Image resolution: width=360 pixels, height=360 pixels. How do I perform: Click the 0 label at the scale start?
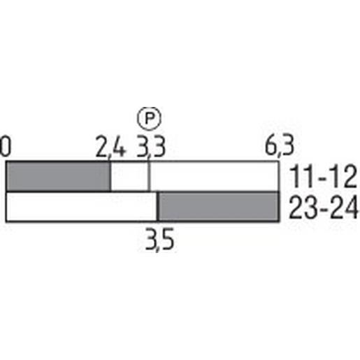point(6,147)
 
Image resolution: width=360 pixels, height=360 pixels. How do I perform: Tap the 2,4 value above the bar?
point(110,147)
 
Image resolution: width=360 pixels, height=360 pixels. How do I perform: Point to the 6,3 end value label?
point(278,147)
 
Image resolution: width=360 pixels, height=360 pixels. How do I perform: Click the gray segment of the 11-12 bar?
point(58,176)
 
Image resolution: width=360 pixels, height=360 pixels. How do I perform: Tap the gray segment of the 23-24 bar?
point(217,207)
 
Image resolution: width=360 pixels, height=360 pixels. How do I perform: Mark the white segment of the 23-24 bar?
point(80,207)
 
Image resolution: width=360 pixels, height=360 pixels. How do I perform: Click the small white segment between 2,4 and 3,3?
point(129,176)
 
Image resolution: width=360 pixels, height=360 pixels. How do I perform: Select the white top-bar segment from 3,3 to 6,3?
point(213,176)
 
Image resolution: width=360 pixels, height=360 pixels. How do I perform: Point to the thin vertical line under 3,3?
point(149,176)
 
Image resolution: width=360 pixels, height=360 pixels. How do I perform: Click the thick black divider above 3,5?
point(157,207)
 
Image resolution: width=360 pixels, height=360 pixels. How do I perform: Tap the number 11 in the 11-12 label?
point(301,175)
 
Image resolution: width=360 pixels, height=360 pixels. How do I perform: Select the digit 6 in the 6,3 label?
point(271,147)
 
